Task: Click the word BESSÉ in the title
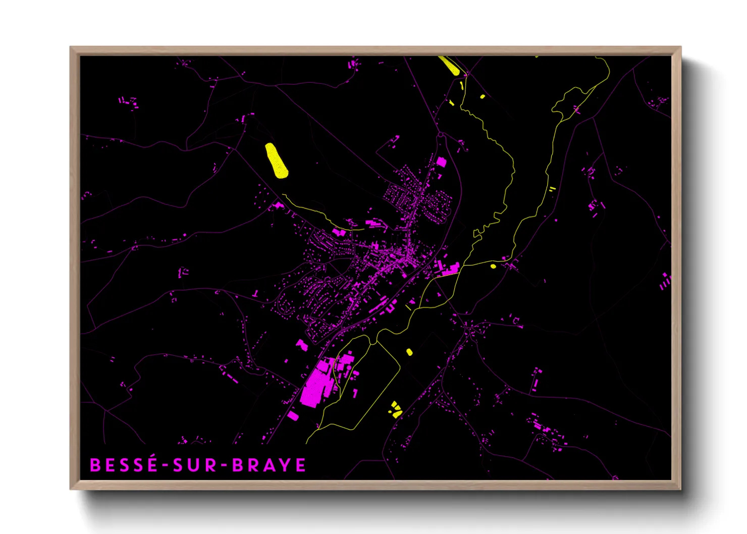click(x=124, y=465)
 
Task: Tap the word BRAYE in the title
click(x=269, y=465)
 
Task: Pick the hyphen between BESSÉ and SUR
click(x=165, y=465)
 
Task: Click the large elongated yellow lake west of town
click(x=277, y=161)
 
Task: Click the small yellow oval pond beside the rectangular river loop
click(x=409, y=352)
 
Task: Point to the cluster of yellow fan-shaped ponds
click(x=395, y=409)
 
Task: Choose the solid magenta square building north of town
click(x=441, y=162)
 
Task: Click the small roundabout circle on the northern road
click(x=441, y=135)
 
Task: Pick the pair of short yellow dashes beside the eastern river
click(x=552, y=189)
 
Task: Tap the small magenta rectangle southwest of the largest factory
click(x=293, y=416)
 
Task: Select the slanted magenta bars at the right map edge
click(x=665, y=282)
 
